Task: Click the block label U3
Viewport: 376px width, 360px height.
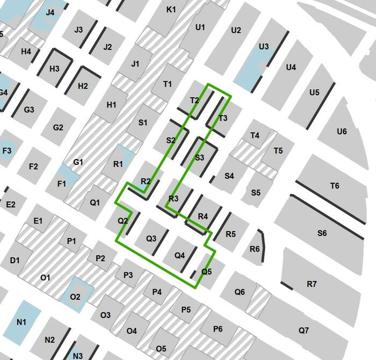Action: coord(264,47)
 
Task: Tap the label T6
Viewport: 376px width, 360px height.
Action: coord(335,186)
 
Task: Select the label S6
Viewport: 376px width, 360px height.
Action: coord(322,233)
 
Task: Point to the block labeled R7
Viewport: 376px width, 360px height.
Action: coord(312,283)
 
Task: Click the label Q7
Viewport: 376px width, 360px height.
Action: coord(303,330)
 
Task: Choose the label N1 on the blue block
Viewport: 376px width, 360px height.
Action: coord(21,322)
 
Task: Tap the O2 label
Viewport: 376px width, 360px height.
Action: coord(75,297)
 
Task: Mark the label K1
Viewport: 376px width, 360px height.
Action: coord(171,10)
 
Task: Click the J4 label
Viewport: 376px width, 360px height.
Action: coord(50,12)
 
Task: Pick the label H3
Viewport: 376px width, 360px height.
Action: coord(54,69)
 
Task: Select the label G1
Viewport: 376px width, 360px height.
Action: coord(78,162)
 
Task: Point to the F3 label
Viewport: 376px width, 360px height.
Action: coord(7,150)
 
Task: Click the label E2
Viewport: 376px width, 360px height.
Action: coord(11,204)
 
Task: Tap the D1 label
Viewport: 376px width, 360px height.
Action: coord(15,261)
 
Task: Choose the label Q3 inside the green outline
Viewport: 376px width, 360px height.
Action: coord(151,238)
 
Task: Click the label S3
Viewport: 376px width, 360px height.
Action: coord(200,157)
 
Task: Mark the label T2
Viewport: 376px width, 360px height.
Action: coord(194,100)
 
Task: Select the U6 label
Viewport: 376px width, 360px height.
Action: coord(342,132)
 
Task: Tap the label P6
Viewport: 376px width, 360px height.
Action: coord(218,328)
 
